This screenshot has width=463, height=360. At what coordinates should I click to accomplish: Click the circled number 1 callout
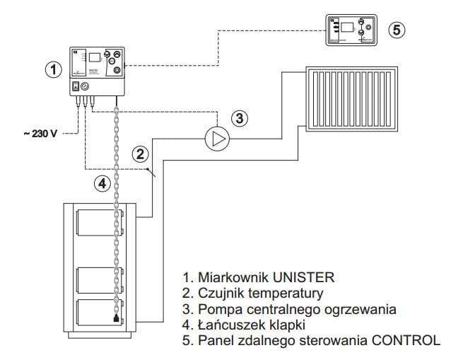tap(51, 69)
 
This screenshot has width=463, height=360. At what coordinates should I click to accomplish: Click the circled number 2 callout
tap(141, 153)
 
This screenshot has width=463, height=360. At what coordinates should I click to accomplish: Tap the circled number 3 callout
tap(241, 118)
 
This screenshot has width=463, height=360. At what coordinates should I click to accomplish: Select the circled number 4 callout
tap(102, 183)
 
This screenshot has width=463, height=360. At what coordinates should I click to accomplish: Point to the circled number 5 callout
tap(399, 30)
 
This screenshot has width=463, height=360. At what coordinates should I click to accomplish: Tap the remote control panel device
tap(350, 30)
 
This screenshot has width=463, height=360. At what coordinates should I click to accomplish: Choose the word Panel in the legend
tap(214, 340)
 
